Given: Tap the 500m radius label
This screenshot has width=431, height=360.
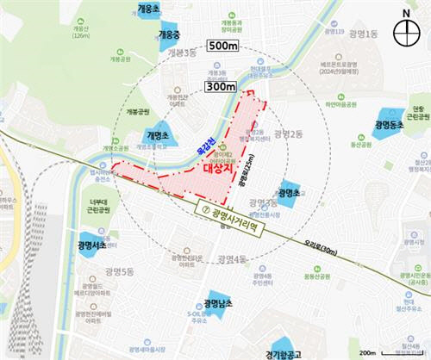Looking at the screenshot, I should [x=223, y=46].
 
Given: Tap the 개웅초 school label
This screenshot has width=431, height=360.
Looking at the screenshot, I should [x=149, y=9].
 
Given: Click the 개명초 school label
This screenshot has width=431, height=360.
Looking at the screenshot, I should [x=160, y=136].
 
